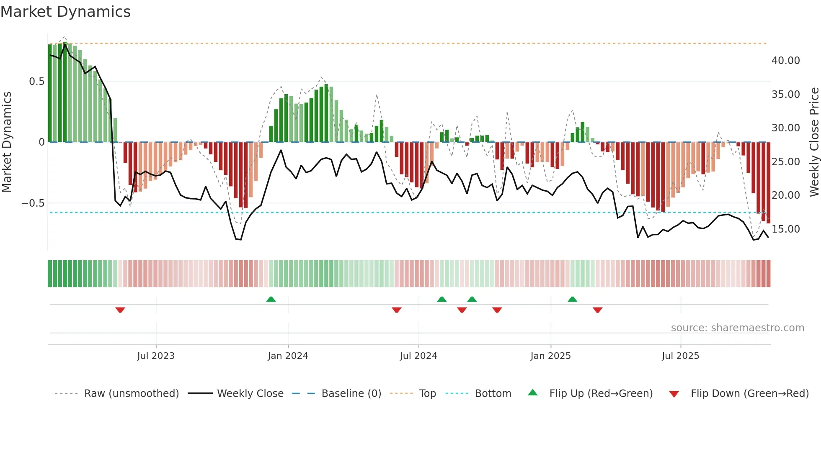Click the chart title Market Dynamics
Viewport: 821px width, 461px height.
(65, 12)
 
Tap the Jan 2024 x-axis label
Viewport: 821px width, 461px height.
(288, 356)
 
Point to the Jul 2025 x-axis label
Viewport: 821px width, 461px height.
(680, 356)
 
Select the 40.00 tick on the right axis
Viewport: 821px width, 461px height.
(785, 61)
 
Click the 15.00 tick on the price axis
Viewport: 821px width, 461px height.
(785, 229)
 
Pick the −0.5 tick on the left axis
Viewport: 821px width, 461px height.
(33, 203)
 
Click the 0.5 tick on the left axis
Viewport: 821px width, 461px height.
(36, 82)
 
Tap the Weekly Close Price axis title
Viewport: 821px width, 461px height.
(814, 142)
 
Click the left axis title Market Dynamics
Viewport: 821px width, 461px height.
(7, 142)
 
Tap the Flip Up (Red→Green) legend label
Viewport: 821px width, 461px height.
(601, 394)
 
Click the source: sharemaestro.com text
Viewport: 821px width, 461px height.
(737, 328)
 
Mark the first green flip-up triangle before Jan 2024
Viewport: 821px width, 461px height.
(271, 299)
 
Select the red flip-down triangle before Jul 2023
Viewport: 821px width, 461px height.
(120, 310)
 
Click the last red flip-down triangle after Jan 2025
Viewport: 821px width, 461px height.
(597, 310)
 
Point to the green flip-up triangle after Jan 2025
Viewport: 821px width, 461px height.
(572, 299)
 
